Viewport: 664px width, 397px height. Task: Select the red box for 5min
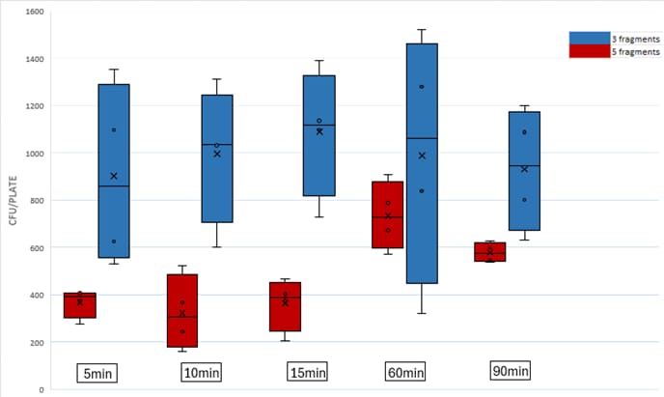[x=79, y=305]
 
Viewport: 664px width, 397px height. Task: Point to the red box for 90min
[x=489, y=252]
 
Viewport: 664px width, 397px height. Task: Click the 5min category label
[x=97, y=372]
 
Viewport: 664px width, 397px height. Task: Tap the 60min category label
[x=404, y=372]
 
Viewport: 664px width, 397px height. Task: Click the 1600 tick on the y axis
[x=32, y=13]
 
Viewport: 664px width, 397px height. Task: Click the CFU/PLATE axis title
[x=12, y=201]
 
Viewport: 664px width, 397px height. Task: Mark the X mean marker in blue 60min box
[x=422, y=156]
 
